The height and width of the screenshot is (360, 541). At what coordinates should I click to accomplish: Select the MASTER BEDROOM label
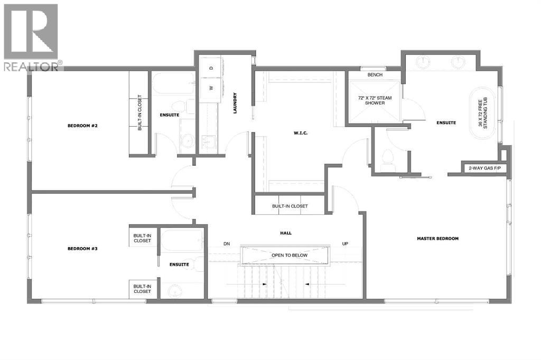(437, 239)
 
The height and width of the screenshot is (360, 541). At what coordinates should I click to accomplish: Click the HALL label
(286, 233)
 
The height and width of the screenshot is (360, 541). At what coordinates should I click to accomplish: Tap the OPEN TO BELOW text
(289, 255)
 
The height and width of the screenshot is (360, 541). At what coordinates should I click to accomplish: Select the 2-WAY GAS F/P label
(481, 168)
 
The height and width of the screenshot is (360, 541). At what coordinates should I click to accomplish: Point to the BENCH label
(374, 75)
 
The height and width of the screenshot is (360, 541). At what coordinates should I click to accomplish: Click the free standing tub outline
(484, 114)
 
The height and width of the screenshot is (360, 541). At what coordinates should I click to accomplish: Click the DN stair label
(227, 244)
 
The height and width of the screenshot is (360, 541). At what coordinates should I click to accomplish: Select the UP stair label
(344, 244)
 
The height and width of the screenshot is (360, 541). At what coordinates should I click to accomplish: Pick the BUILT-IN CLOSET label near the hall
(290, 206)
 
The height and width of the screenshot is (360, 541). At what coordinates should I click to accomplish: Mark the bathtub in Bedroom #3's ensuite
(181, 241)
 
